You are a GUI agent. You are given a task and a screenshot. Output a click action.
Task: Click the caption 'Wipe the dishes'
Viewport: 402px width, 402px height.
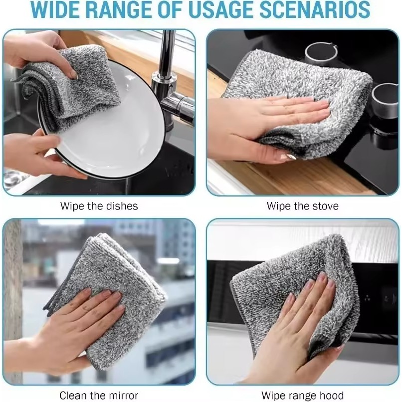[99, 206]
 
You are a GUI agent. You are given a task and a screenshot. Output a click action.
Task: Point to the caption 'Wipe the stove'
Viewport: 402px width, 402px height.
[303, 206]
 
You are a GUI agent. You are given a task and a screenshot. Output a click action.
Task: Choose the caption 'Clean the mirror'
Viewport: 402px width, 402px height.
[99, 396]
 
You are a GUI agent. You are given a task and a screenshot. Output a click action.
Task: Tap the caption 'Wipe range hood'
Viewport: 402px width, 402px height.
[303, 396]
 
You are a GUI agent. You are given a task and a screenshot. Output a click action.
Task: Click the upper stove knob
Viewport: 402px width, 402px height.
[321, 54]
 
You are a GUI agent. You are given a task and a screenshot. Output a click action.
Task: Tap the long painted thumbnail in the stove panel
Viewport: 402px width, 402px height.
[288, 157]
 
